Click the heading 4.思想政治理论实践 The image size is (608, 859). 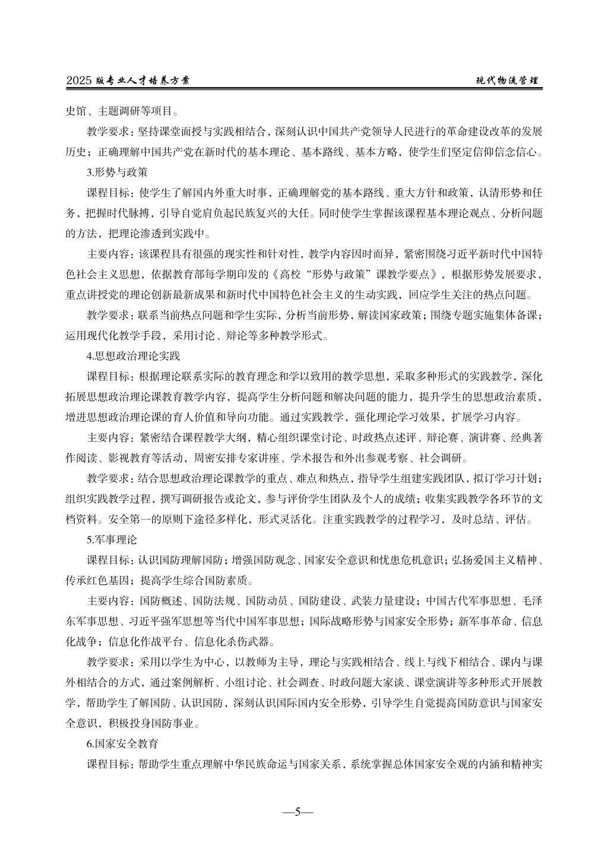click(x=133, y=356)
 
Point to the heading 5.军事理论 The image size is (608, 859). click(x=112, y=540)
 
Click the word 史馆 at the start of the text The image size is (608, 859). click(x=76, y=110)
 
